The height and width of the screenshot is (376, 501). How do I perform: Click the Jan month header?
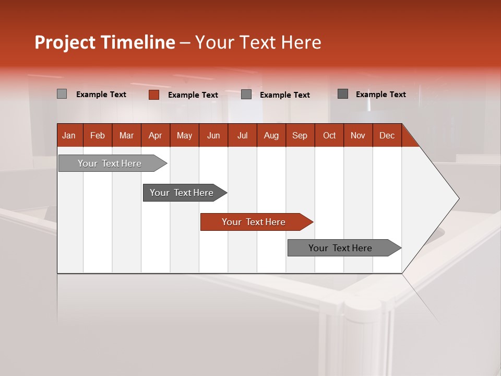click(x=69, y=135)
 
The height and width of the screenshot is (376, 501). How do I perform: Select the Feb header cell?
click(x=98, y=135)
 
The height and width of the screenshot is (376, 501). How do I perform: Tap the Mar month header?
click(x=126, y=135)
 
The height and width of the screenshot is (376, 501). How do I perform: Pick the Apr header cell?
click(x=156, y=135)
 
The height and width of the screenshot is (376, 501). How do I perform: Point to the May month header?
click(x=184, y=135)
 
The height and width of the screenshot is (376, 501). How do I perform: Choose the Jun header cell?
click(x=213, y=135)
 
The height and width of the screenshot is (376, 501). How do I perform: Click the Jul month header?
click(x=242, y=135)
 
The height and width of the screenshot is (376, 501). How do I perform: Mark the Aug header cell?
click(x=271, y=135)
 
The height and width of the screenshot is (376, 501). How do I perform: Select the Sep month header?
click(x=300, y=135)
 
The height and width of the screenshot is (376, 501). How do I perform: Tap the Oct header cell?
click(x=329, y=135)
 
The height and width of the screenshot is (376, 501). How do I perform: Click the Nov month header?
click(x=358, y=135)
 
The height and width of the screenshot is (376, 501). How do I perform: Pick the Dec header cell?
click(x=387, y=135)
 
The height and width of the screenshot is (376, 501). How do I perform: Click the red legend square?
click(x=154, y=95)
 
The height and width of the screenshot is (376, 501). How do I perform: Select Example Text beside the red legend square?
click(x=193, y=95)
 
